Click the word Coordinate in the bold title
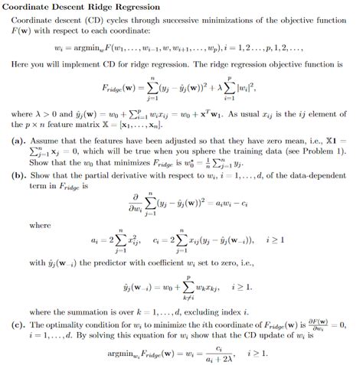coord(34,7)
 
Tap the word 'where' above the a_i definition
coord(40,226)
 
